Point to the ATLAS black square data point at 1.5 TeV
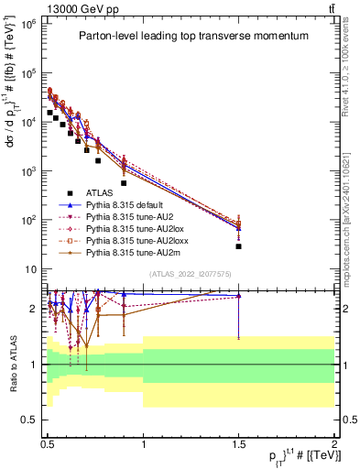point(238,246)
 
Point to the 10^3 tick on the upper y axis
point(29,171)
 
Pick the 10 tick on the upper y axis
point(32,269)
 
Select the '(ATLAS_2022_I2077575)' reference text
point(190,274)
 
